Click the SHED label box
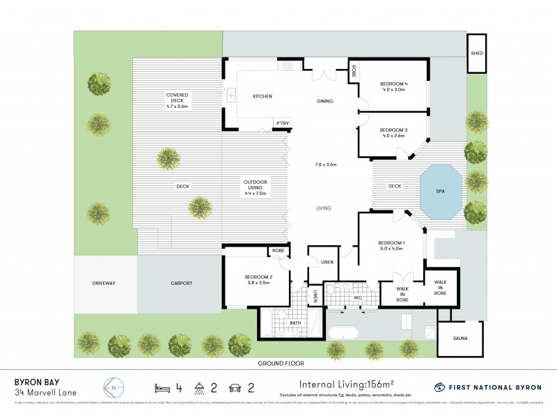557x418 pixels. click(477, 53)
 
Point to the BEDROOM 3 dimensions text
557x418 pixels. click(394, 137)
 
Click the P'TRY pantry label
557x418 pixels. click(282, 124)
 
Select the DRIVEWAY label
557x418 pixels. click(102, 283)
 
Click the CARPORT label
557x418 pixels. click(181, 283)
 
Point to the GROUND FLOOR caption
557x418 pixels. click(281, 363)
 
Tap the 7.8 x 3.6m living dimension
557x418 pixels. click(324, 164)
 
